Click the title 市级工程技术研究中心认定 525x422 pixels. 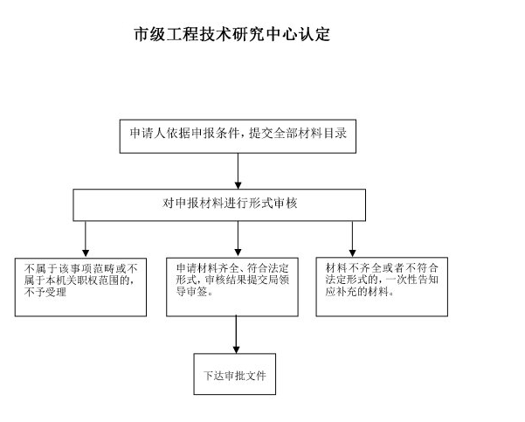(232, 34)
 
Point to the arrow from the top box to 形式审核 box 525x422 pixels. (238, 171)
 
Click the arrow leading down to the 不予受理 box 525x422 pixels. (86, 239)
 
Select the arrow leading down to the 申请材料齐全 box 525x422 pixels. (238, 239)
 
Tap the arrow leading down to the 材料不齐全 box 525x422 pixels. (352, 239)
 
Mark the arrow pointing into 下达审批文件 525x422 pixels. (236, 335)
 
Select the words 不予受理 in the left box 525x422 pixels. (45, 293)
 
